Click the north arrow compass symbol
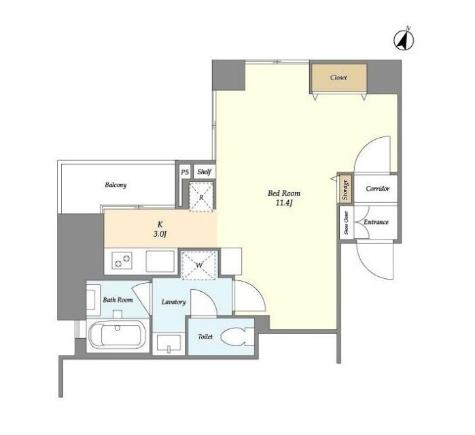pyautogui.click(x=404, y=40)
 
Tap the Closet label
pyautogui.click(x=338, y=77)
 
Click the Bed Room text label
pyautogui.click(x=284, y=193)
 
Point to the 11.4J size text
pyautogui.click(x=284, y=203)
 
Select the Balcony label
pyautogui.click(x=116, y=185)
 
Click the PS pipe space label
pyautogui.click(x=185, y=172)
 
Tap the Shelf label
pyautogui.click(x=204, y=172)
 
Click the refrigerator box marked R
pyautogui.click(x=201, y=197)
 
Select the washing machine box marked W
pyautogui.click(x=198, y=265)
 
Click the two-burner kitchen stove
pyautogui.click(x=122, y=260)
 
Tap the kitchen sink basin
pyautogui.click(x=160, y=261)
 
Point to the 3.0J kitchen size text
pyautogui.click(x=160, y=234)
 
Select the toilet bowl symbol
pyautogui.click(x=237, y=337)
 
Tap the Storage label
pyautogui.click(x=345, y=189)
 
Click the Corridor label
pyautogui.click(x=377, y=189)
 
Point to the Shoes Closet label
pyautogui.click(x=347, y=223)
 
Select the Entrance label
pyautogui.click(x=376, y=222)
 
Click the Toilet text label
pyautogui.click(x=205, y=337)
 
